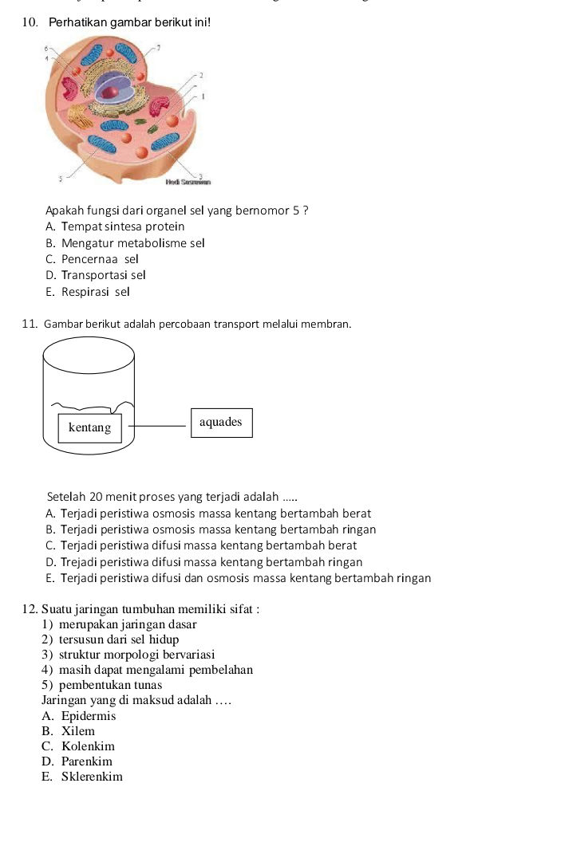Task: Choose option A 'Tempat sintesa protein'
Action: coord(115,227)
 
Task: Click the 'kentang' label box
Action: coord(89,428)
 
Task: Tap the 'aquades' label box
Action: coord(220,423)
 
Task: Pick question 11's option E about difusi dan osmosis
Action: coord(239,578)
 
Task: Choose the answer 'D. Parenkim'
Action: coord(77,761)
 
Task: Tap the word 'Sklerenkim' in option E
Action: coord(92,777)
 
